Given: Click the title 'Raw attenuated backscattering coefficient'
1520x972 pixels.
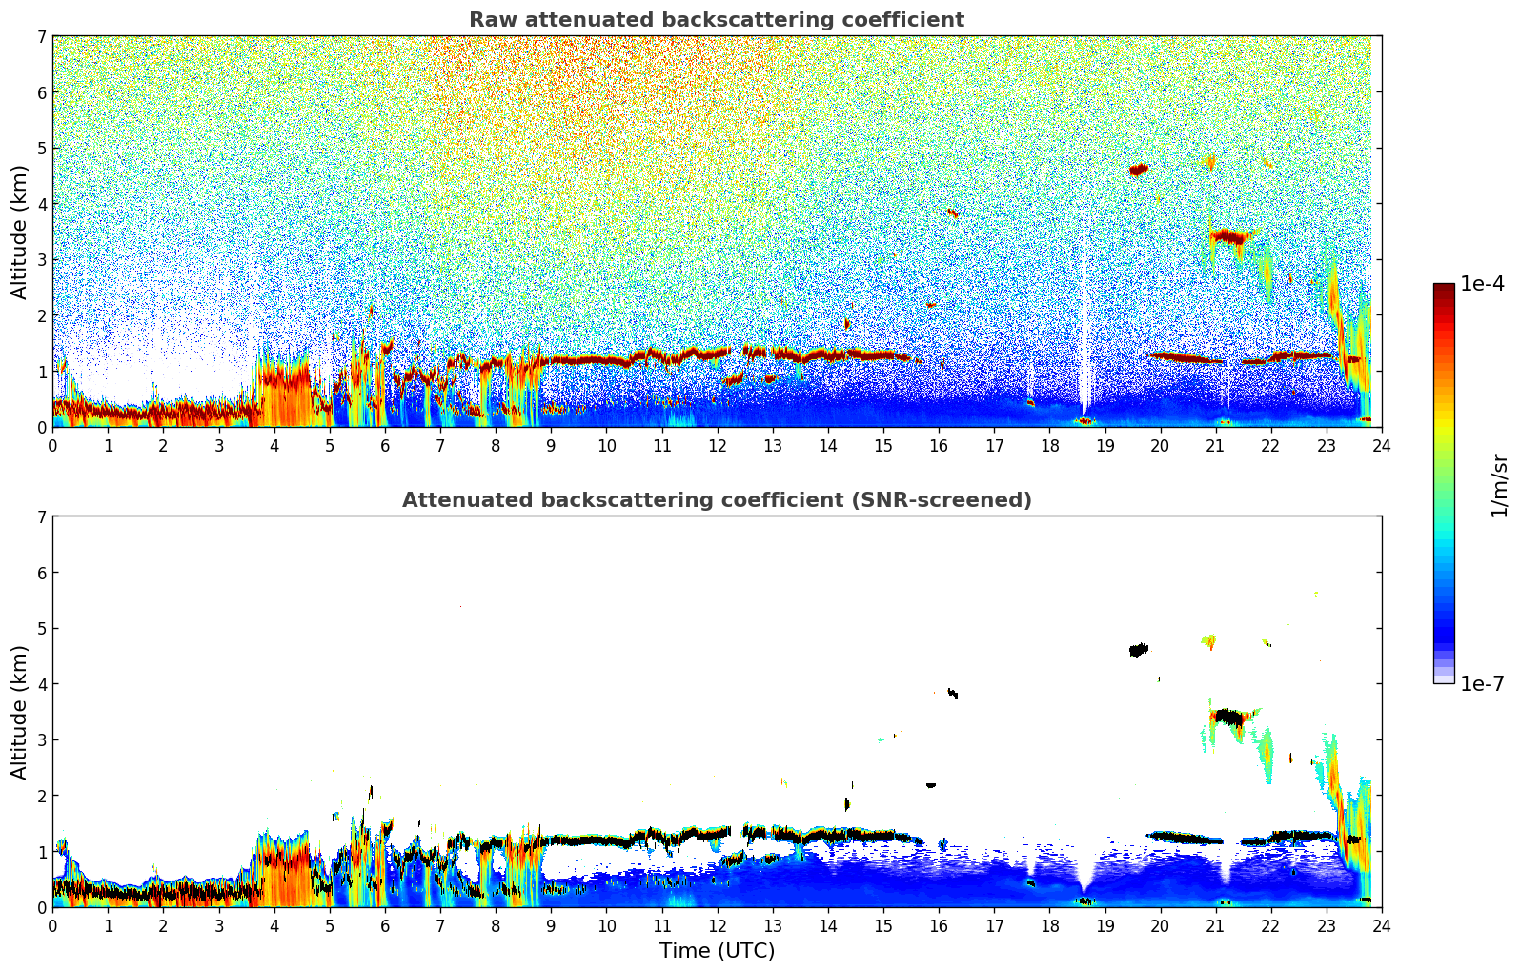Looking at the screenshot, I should coord(716,20).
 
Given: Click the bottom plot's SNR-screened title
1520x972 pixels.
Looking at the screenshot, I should coord(716,500).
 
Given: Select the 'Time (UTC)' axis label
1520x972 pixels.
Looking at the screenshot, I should coord(717,951).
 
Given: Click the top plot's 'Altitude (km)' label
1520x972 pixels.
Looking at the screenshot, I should coord(20,232).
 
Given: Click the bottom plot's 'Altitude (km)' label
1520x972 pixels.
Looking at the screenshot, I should coord(20,712).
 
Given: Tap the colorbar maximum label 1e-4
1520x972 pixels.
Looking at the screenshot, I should coord(1482,284).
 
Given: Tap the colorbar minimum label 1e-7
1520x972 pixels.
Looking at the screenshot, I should coord(1482,683).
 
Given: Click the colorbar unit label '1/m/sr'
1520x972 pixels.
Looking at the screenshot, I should coord(1499,486).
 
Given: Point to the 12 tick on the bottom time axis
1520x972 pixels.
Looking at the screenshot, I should coord(717,926).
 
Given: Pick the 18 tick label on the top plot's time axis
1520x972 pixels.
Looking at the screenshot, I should coord(1049,446).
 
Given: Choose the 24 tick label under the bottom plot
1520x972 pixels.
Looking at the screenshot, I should coord(1381,926).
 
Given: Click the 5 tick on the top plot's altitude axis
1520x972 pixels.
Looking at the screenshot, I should coord(42,148).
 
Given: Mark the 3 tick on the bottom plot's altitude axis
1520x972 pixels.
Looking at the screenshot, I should coord(42,739).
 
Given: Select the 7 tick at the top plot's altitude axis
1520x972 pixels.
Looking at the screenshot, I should coord(42,37).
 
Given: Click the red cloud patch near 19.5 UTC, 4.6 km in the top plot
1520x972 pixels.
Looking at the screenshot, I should coord(1138,170).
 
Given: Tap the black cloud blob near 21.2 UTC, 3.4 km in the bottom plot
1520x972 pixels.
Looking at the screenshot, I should coord(1229,717).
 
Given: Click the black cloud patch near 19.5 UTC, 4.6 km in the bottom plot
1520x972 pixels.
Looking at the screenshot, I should coord(1138,650).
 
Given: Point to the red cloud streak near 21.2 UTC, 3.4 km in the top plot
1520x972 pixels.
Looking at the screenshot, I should coord(1229,236).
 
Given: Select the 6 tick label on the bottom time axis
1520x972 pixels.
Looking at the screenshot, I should coord(385,926).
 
